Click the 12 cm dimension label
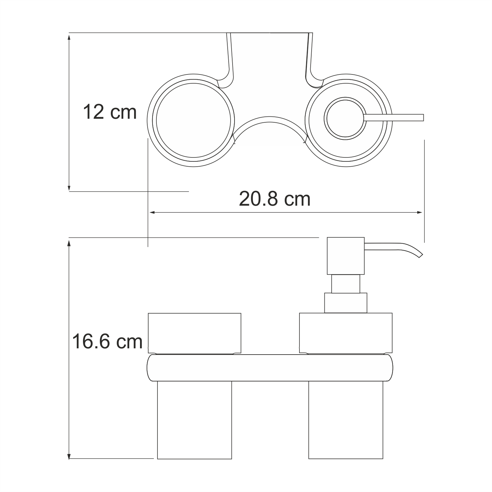[x=110, y=112]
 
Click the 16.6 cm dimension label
[x=107, y=341]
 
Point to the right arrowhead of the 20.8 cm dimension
[x=419, y=213]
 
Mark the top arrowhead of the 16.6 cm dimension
[x=69, y=243]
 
